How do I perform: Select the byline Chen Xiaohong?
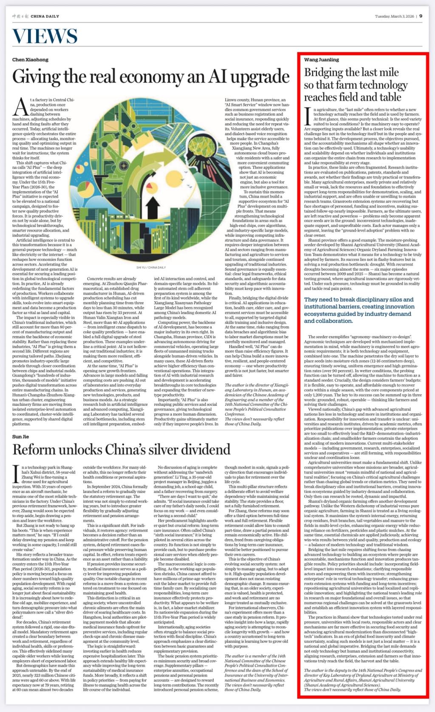[30, 60]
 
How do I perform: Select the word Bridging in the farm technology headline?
[323, 73]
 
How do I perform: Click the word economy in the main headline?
[145, 76]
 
